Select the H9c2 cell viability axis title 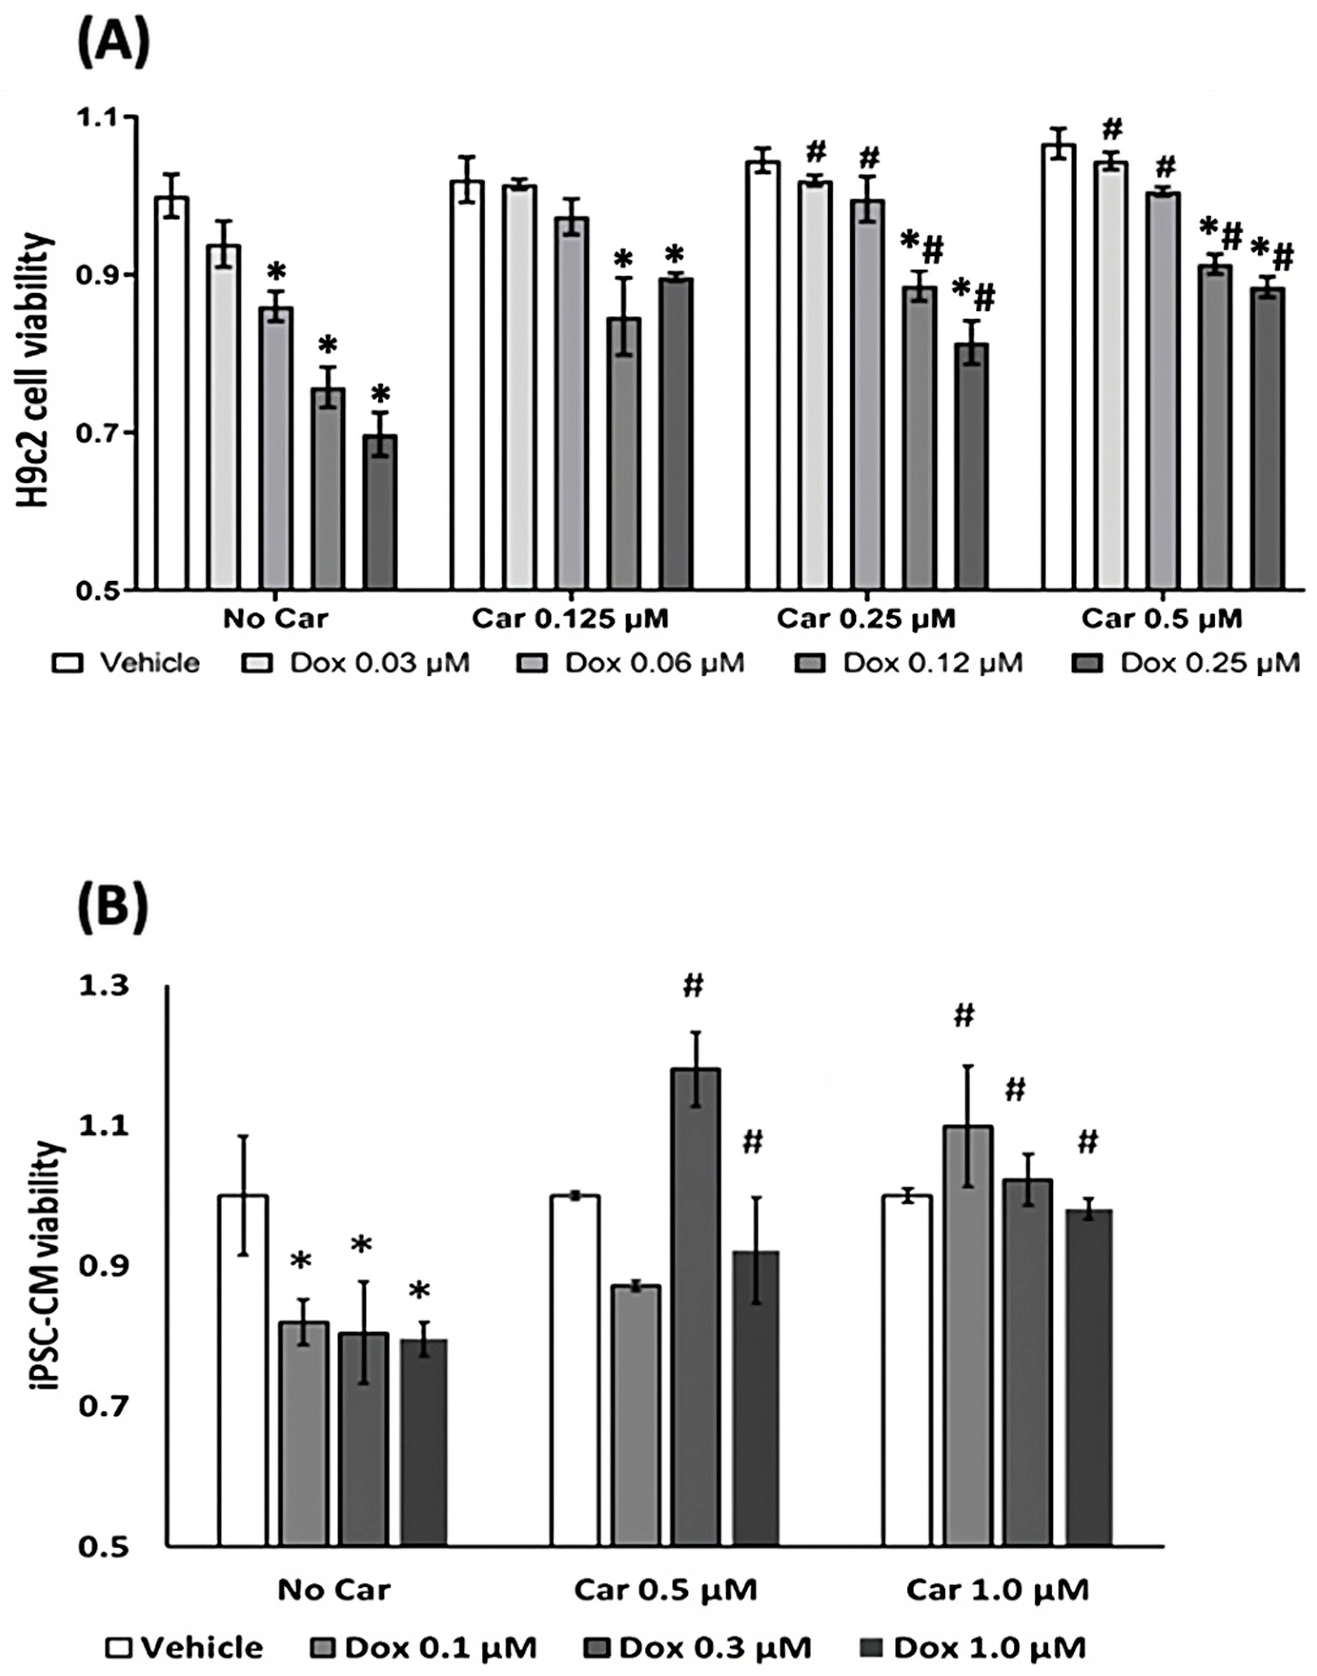click(x=35, y=370)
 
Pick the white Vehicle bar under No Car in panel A click(x=171, y=393)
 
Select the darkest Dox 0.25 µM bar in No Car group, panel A click(x=380, y=512)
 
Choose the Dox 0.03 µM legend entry click(x=356, y=662)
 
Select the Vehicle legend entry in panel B click(x=185, y=1646)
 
